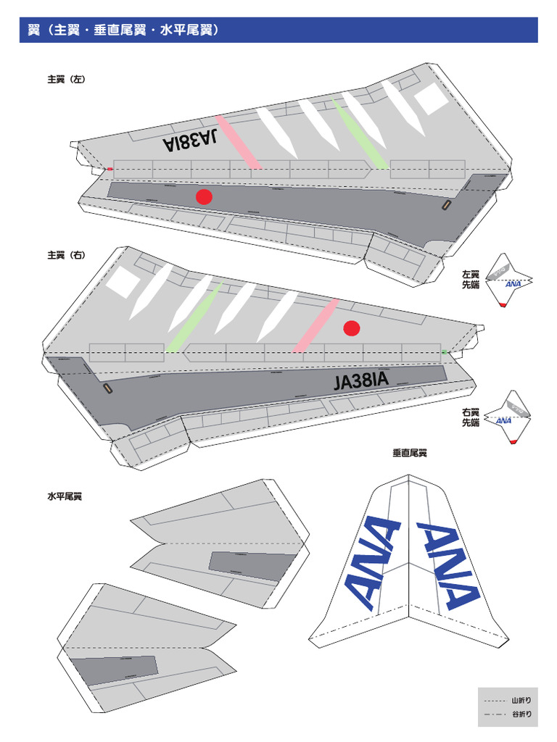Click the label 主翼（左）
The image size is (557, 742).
(x=66, y=80)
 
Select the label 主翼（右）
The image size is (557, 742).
(x=66, y=255)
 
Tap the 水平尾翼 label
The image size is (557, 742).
(x=65, y=497)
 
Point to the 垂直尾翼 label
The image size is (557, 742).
(x=410, y=453)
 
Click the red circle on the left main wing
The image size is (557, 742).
(x=205, y=196)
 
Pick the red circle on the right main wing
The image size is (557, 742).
(x=352, y=328)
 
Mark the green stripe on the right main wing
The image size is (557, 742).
(x=194, y=317)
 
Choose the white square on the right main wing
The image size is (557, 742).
(x=121, y=284)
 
